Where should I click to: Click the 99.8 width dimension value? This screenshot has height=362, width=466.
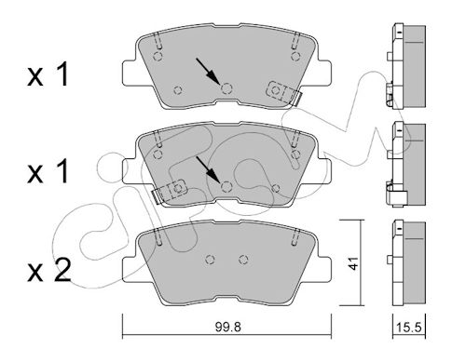227,327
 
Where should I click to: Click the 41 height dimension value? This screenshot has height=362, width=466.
353,263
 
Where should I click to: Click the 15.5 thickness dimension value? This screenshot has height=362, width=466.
409,328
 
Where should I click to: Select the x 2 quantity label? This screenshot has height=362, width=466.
49,272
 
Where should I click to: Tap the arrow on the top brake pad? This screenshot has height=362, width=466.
208,72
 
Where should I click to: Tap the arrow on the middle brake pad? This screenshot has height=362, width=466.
208,169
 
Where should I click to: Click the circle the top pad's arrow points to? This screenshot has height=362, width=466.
226,88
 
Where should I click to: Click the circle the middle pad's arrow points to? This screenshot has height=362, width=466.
226,186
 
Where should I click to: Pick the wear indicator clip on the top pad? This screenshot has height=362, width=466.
284,92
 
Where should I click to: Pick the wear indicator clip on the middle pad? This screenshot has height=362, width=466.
169,191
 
